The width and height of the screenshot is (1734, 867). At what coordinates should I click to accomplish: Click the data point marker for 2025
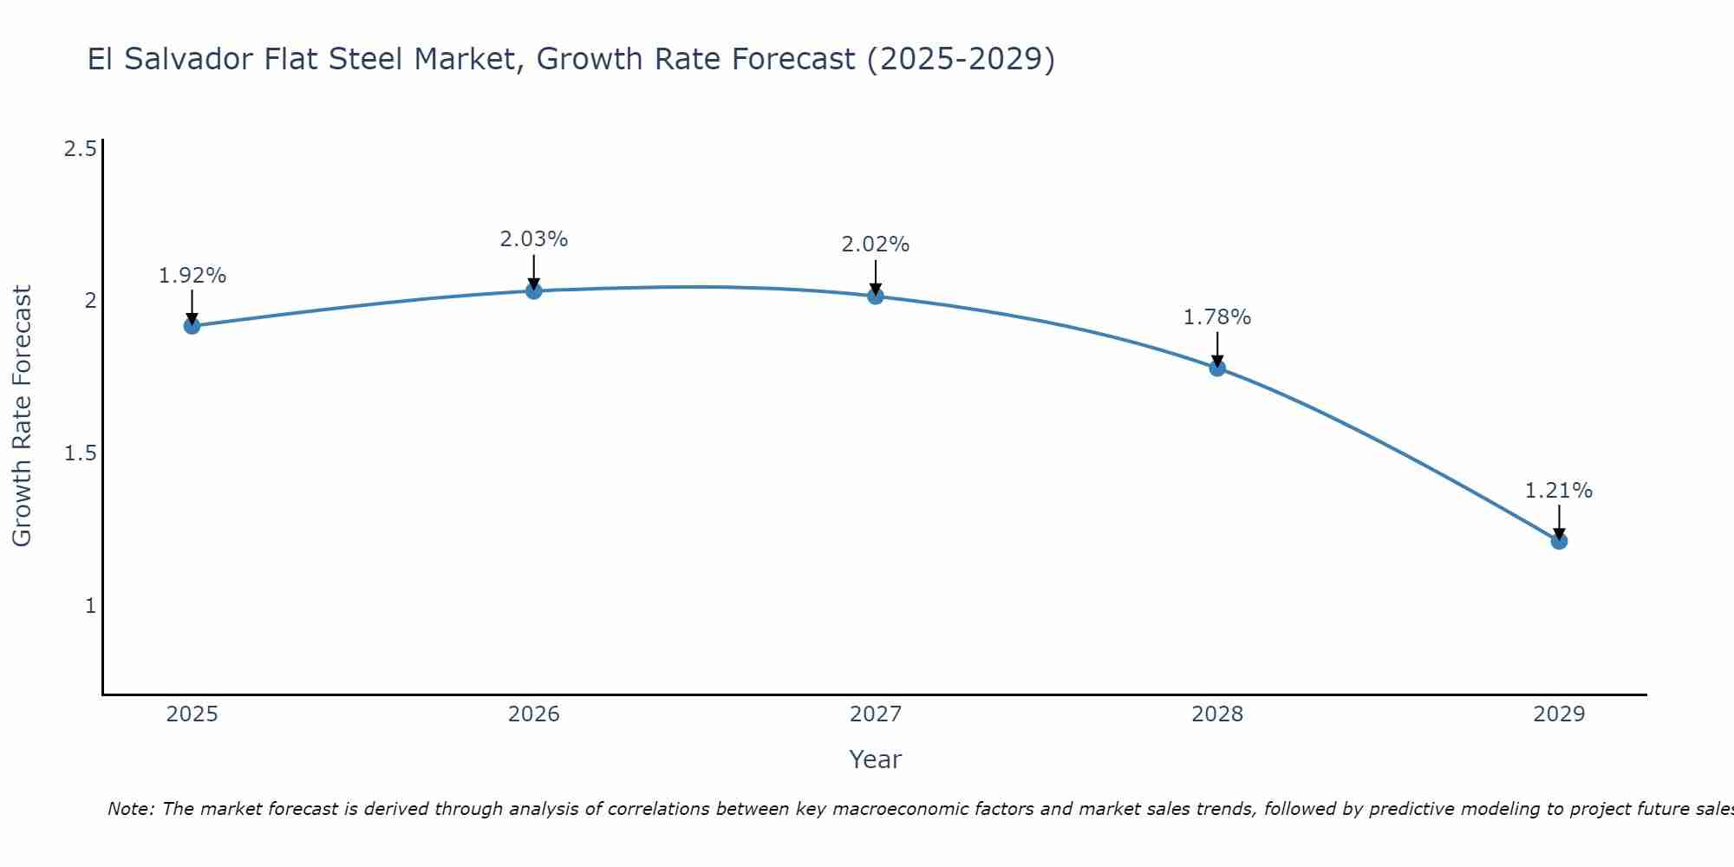tap(192, 326)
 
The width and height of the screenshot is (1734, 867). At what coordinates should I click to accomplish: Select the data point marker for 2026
tap(534, 291)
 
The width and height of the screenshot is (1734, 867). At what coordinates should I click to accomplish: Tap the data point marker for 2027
tap(876, 296)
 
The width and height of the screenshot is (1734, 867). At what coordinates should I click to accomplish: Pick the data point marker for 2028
tap(1217, 368)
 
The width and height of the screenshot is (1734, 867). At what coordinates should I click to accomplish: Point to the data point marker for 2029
tap(1559, 541)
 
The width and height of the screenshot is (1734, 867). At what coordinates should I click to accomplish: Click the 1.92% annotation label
tap(192, 276)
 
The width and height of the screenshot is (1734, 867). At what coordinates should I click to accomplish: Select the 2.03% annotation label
tap(534, 239)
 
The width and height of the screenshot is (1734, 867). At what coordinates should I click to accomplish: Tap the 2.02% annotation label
tap(876, 244)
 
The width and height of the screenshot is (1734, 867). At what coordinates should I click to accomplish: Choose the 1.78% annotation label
tap(1217, 317)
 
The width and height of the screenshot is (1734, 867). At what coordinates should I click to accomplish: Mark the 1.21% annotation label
tap(1559, 491)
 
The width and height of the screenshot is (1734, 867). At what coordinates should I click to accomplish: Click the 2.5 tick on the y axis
tap(80, 149)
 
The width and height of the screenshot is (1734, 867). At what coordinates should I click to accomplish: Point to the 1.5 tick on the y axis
tap(80, 453)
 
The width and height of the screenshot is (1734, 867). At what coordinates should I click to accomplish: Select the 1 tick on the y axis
tap(90, 606)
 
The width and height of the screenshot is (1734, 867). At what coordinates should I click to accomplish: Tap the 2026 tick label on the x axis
tap(534, 714)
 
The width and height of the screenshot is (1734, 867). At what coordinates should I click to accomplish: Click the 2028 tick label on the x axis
tap(1217, 714)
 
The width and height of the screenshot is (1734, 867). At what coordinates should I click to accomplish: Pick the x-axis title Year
tap(876, 759)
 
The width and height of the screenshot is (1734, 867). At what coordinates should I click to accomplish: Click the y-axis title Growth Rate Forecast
tap(22, 416)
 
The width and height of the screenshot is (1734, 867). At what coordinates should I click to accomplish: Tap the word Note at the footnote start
tap(130, 809)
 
